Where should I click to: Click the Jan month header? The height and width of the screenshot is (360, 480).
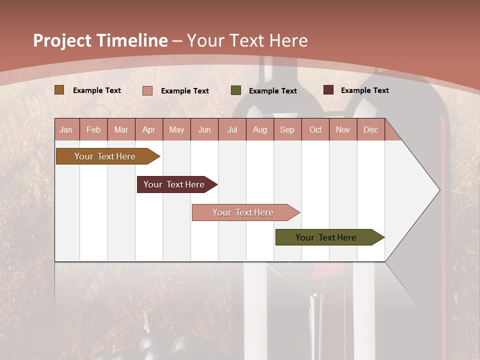pyautogui.click(x=66, y=129)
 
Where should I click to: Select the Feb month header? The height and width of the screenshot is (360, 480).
pyautogui.click(x=93, y=129)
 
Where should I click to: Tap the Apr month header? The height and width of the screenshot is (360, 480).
pyautogui.click(x=149, y=129)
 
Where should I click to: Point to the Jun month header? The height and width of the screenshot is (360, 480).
pyautogui.click(x=204, y=129)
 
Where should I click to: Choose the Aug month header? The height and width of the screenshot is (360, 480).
pyautogui.click(x=260, y=129)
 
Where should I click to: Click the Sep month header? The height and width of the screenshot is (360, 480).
pyautogui.click(x=287, y=129)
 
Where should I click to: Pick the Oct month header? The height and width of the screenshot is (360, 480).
pyautogui.click(x=315, y=129)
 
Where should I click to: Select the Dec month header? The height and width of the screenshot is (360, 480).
pyautogui.click(x=371, y=129)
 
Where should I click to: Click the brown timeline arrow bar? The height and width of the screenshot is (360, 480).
pyautogui.click(x=105, y=156)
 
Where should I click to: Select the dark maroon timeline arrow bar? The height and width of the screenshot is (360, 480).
pyautogui.click(x=174, y=184)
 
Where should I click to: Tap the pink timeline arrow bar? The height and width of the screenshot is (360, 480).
pyautogui.click(x=243, y=212)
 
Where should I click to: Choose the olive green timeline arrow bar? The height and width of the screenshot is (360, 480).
pyautogui.click(x=326, y=237)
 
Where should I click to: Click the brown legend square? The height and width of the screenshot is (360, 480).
pyautogui.click(x=59, y=90)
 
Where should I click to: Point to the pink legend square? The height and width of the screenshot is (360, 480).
pyautogui.click(x=147, y=90)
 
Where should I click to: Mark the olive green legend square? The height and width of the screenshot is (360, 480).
pyautogui.click(x=236, y=90)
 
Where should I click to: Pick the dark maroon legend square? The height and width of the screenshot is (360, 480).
pyautogui.click(x=328, y=90)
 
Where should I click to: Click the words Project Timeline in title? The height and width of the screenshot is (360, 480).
pyautogui.click(x=100, y=40)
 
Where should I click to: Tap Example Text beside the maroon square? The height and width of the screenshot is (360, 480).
pyautogui.click(x=364, y=90)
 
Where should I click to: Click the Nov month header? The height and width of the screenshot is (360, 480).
pyautogui.click(x=343, y=129)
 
